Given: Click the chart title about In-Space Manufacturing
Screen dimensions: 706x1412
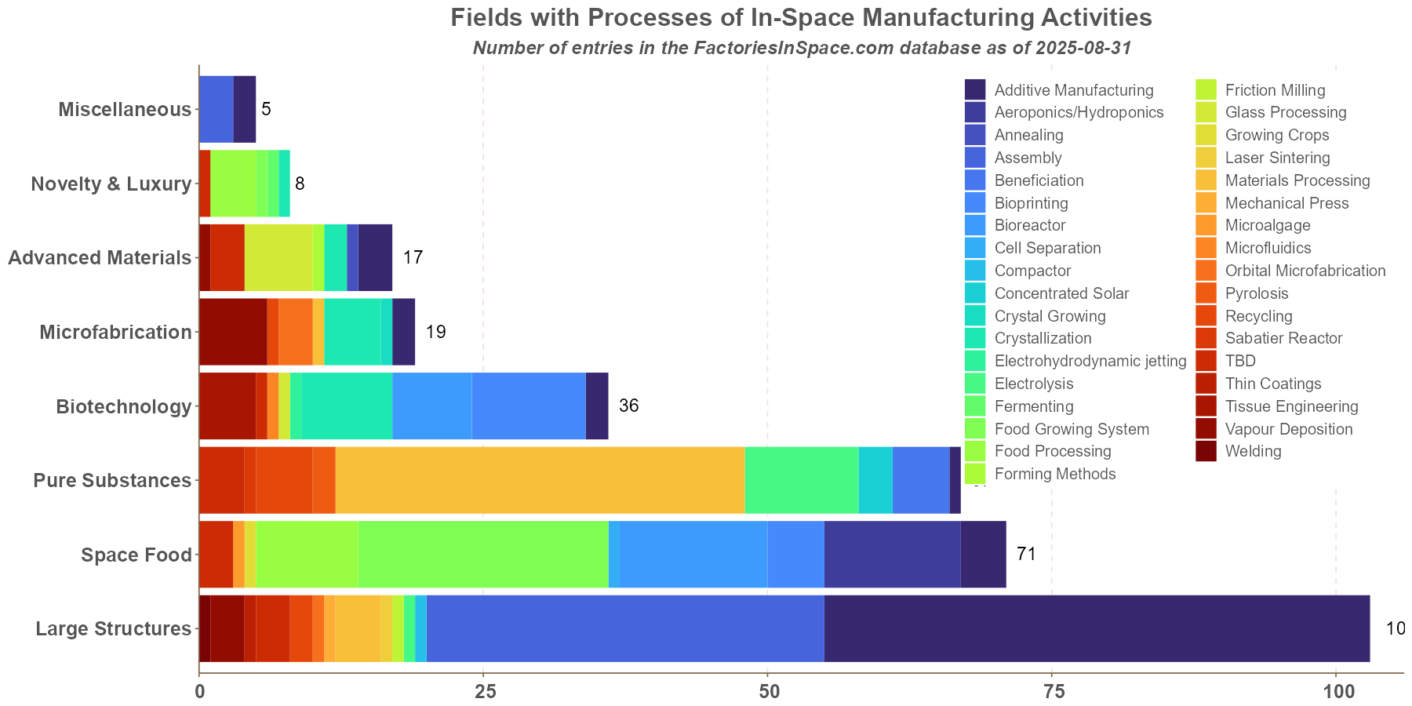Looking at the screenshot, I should point(801,17).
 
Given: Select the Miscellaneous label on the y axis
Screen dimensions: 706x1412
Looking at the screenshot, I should point(125,109).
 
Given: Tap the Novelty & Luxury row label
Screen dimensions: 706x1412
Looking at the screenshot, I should point(111,184).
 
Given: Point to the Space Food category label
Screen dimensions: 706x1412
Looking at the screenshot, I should point(136,555).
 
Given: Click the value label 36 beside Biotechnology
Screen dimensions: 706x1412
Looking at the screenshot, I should point(628,406).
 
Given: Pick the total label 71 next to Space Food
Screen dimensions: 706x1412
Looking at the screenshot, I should point(1026,555).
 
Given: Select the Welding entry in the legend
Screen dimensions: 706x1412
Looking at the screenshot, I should point(1253,452).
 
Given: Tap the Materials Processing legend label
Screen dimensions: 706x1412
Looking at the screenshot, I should point(1297,180).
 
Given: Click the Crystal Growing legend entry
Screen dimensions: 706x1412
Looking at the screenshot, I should point(1050,316).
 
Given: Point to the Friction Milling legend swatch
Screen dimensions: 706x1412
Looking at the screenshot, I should point(1206,90).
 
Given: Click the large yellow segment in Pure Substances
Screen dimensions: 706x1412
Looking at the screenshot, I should point(540,480).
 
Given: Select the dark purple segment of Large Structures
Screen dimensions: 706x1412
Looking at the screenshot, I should point(1097,628).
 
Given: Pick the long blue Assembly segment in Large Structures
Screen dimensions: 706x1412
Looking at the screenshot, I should point(625,628).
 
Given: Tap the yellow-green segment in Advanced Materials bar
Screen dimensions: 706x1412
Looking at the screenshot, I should point(278,257).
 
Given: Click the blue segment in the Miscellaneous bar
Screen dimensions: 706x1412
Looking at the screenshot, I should point(217,109).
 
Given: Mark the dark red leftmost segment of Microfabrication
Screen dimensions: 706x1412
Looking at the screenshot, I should point(233,332).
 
